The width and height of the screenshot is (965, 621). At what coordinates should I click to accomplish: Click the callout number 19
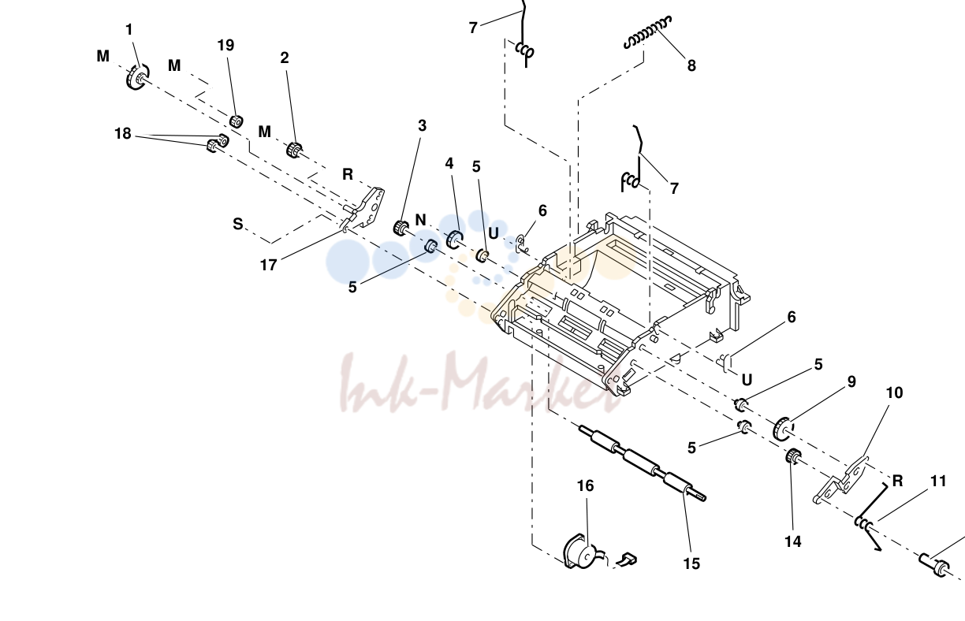(x=225, y=45)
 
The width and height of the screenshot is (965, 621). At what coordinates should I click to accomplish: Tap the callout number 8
(x=691, y=66)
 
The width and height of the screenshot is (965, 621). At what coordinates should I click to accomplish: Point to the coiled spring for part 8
(x=647, y=32)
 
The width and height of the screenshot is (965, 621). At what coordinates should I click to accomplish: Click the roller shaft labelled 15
(x=643, y=463)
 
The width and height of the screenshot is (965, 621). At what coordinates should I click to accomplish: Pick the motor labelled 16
(x=581, y=552)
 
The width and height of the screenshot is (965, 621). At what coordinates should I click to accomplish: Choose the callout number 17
(x=268, y=266)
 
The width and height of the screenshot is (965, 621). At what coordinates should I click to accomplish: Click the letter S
(x=238, y=224)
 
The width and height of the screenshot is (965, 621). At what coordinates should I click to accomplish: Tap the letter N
(x=420, y=220)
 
